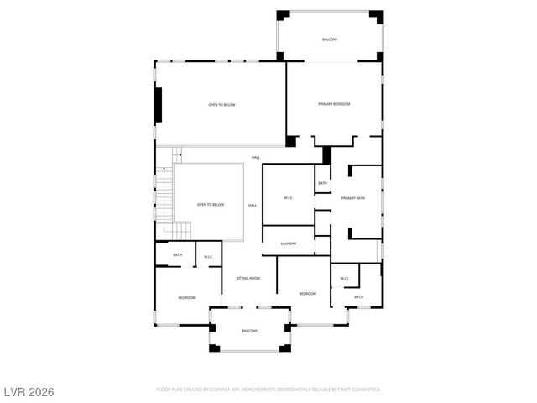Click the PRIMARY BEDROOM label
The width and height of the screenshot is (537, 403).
point(333,104)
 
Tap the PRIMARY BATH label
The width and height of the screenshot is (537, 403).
point(353,198)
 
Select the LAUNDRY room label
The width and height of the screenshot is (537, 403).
point(289,243)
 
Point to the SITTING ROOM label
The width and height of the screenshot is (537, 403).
point(248,278)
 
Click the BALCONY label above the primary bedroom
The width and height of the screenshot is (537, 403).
point(331,40)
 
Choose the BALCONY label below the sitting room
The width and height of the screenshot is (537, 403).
point(249,331)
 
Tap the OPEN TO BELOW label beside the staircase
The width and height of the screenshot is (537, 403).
point(211,205)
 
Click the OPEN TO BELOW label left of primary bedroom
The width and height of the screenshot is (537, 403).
point(222,105)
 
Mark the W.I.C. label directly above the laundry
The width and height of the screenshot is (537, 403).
point(288,198)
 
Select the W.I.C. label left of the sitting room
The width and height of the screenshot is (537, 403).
point(208,256)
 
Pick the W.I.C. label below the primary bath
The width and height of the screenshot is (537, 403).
point(344,278)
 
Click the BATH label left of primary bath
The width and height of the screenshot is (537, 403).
point(322,183)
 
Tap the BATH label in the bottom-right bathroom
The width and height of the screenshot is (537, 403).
point(358,296)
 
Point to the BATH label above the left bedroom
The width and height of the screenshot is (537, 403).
point(178,255)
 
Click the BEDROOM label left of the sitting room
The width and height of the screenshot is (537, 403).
point(186,297)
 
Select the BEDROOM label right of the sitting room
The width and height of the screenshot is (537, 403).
point(308,293)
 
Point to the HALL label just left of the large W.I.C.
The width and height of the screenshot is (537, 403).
point(252,206)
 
